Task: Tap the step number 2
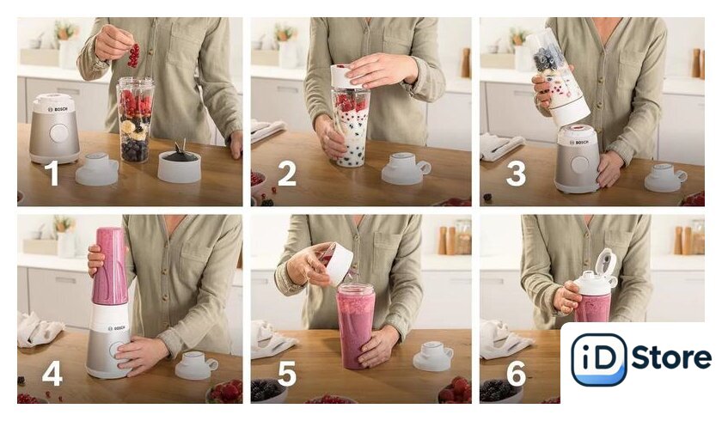click(x=287, y=174)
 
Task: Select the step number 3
click(x=516, y=173)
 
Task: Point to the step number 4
click(x=52, y=373)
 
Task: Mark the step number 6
click(x=517, y=373)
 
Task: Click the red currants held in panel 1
click(x=133, y=55)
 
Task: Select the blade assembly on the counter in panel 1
click(x=179, y=163)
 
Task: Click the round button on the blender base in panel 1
click(x=59, y=133)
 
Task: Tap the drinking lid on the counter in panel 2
click(x=405, y=168)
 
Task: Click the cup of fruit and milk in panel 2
click(x=351, y=127)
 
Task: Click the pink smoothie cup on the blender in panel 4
click(x=110, y=266)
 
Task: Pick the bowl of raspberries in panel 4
click(x=224, y=392)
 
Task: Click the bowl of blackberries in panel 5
click(x=268, y=392)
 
